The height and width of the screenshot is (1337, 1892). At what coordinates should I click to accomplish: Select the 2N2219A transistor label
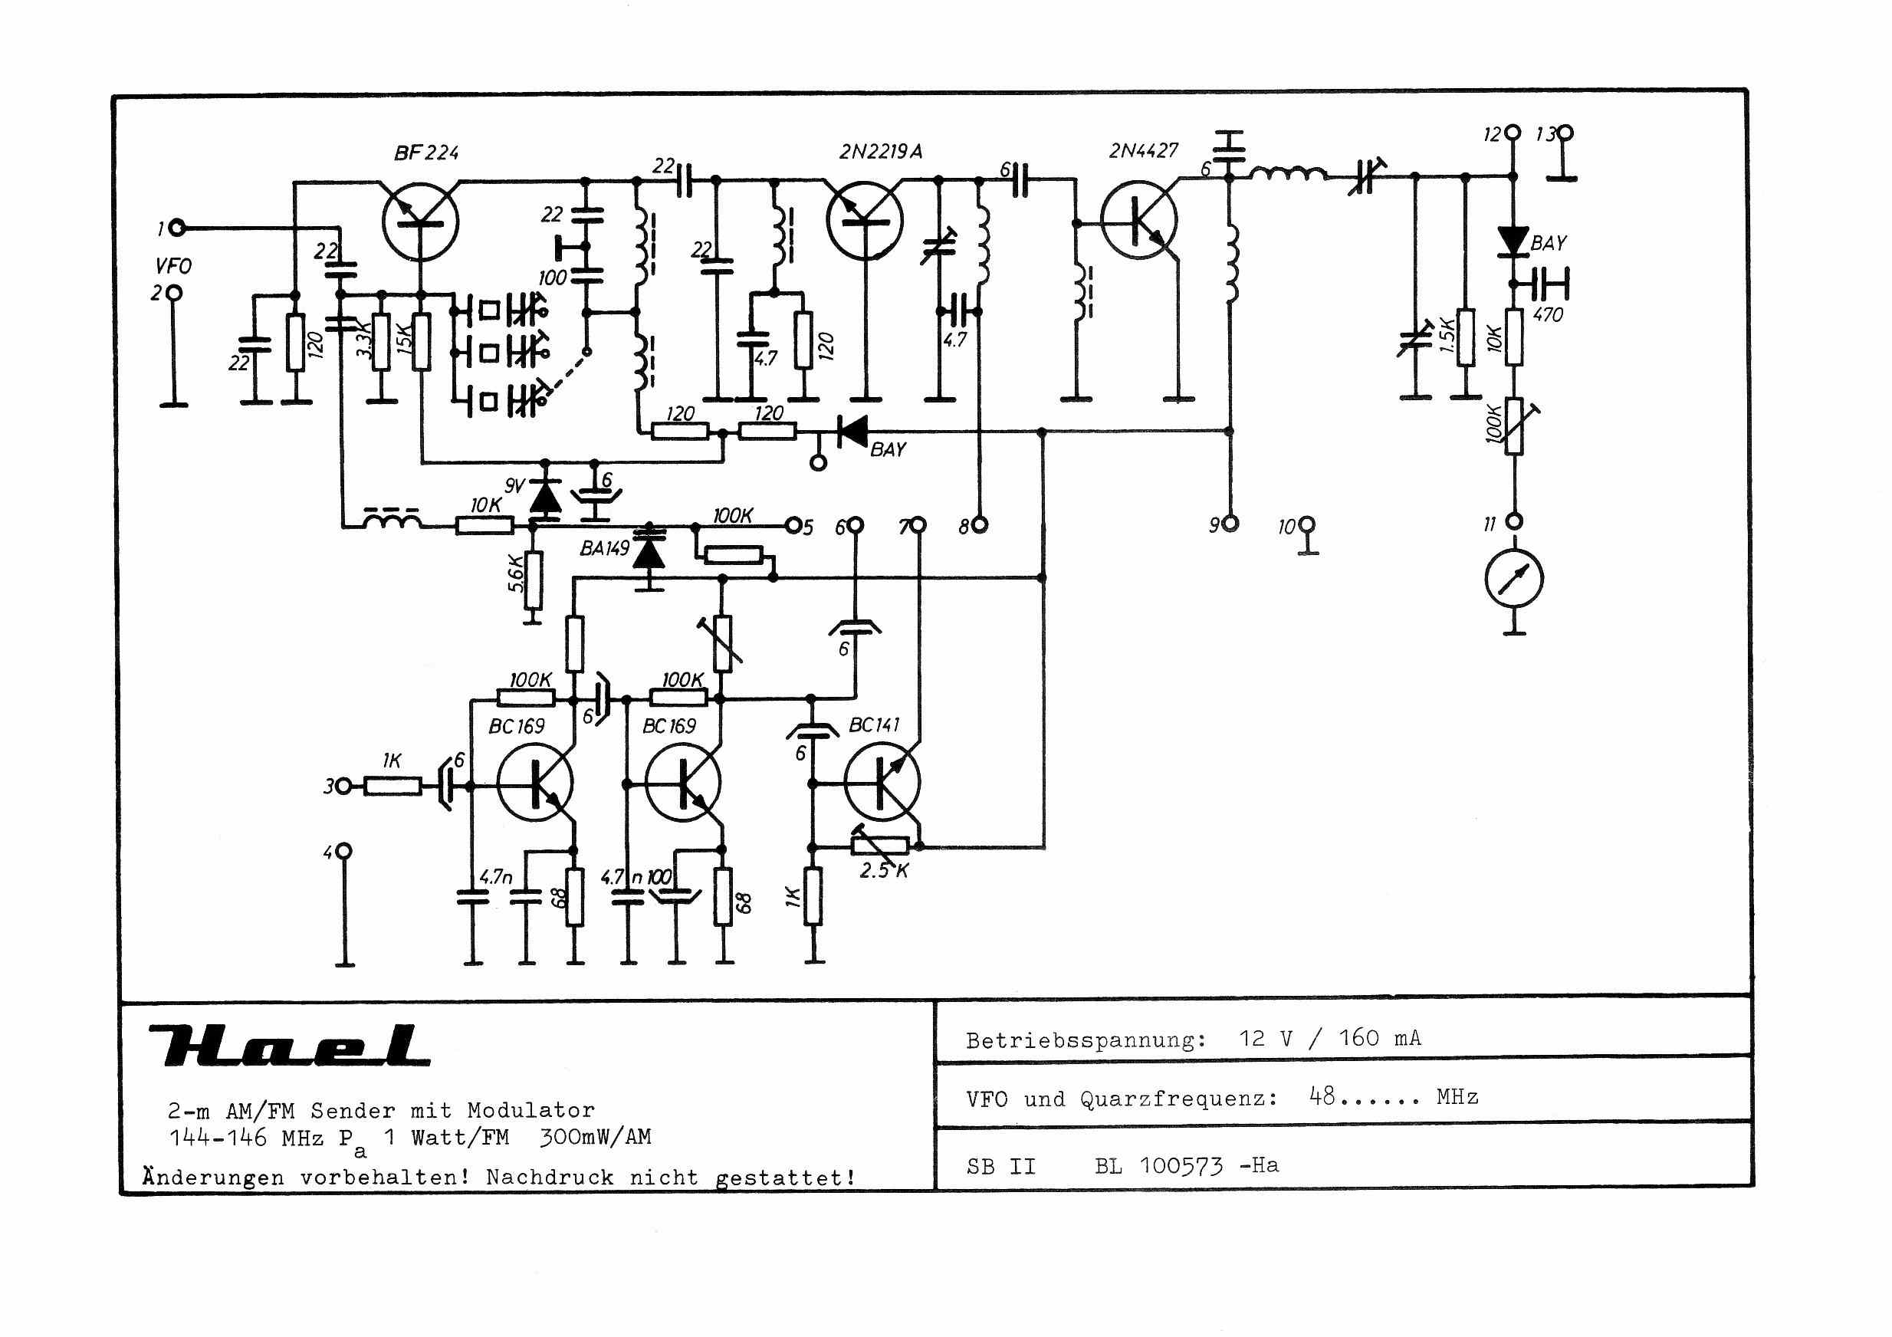(x=880, y=152)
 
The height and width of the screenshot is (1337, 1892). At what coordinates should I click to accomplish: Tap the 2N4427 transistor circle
(x=1139, y=220)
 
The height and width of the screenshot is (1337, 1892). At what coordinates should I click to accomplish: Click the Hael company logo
(x=288, y=1045)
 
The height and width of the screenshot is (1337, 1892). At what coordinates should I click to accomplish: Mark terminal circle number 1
(x=176, y=228)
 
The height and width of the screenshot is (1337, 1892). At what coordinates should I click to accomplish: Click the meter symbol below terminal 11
(x=1514, y=579)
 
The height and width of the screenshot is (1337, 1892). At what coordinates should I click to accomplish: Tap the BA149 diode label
(x=604, y=549)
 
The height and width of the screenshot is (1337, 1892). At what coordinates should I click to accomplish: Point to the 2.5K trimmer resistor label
(x=883, y=870)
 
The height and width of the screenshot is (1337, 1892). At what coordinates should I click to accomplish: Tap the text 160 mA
(x=1379, y=1038)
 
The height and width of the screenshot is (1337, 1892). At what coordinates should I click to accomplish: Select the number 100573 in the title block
(x=1181, y=1165)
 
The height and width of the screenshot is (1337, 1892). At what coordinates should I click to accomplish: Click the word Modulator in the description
(x=530, y=1110)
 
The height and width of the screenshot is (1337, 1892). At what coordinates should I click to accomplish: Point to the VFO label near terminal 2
(x=173, y=266)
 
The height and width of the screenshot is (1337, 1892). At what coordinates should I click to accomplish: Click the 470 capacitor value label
(x=1548, y=314)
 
